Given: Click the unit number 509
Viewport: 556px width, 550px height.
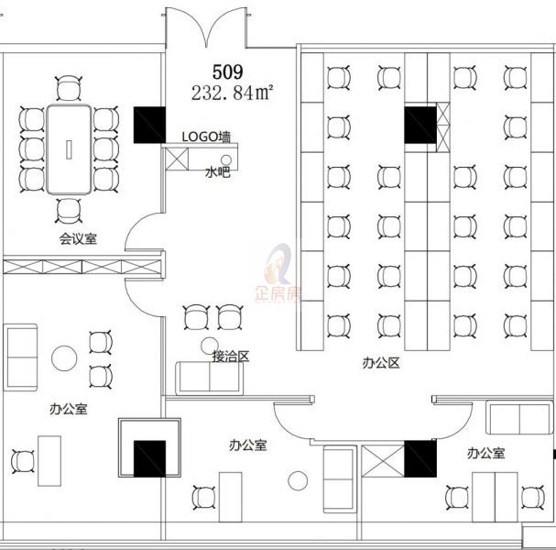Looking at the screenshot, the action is click(x=228, y=72).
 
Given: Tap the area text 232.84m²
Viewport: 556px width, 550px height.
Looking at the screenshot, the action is click(x=233, y=93).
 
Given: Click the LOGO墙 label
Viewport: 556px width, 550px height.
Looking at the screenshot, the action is click(x=206, y=137).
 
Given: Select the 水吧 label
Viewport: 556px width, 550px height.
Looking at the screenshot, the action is click(x=218, y=172).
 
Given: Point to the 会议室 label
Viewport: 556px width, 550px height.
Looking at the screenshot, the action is click(x=78, y=238).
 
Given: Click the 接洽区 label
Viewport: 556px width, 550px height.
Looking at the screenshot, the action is click(x=231, y=357).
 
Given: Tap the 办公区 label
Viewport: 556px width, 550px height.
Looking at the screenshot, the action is click(x=381, y=363).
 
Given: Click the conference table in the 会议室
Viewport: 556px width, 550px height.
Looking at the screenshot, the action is click(x=69, y=149).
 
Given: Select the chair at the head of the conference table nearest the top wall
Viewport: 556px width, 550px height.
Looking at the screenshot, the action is click(x=69, y=88).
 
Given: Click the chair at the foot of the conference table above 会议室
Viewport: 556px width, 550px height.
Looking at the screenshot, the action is click(x=69, y=211).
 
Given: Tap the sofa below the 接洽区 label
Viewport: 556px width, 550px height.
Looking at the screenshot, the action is click(x=209, y=379).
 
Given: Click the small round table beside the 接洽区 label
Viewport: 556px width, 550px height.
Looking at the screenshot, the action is click(x=210, y=346).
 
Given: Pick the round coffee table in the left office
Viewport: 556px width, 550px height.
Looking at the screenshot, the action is click(x=64, y=358).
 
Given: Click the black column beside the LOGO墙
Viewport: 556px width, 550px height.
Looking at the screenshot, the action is click(x=149, y=125).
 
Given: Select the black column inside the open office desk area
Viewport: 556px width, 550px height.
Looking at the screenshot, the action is click(x=420, y=125).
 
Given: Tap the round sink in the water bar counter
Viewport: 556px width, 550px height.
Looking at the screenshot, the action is click(x=226, y=159).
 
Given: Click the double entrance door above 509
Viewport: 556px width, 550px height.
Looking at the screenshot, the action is click(x=206, y=28).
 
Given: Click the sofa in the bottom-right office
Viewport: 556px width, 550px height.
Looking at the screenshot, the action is click(x=519, y=418).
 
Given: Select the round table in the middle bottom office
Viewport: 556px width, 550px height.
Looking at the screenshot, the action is click(x=298, y=481).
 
